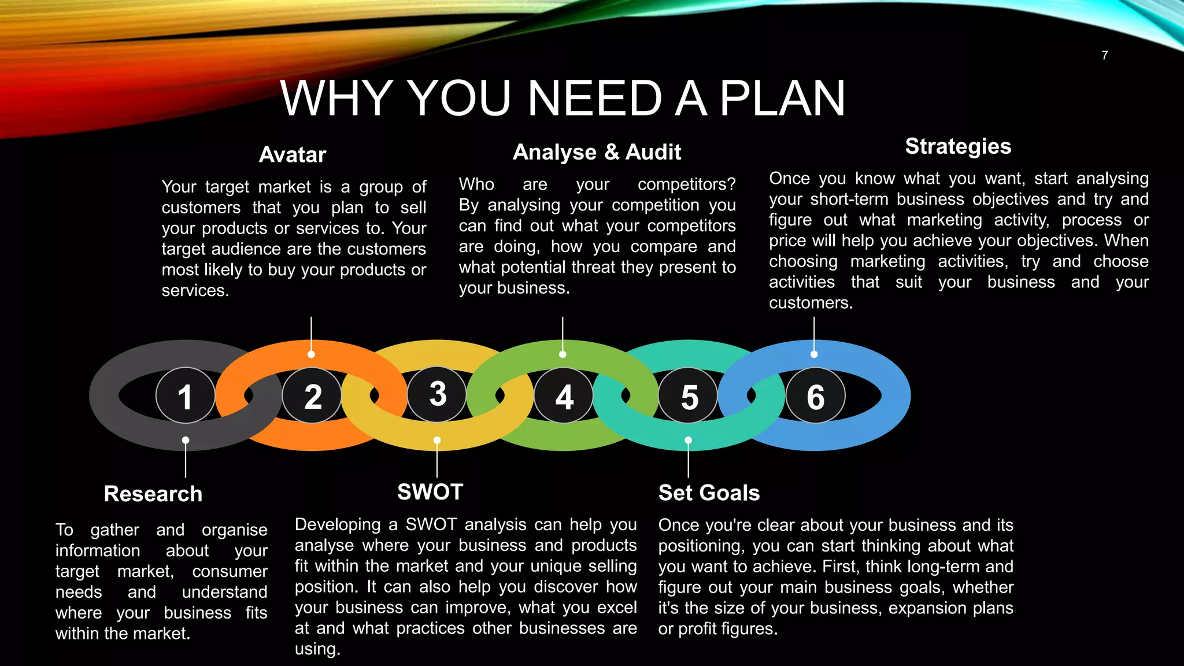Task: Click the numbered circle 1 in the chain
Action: tap(185, 396)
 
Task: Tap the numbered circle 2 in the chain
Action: tap(312, 396)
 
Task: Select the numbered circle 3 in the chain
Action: tap(437, 394)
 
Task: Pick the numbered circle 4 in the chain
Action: tap(564, 396)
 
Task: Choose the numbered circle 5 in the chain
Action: tap(688, 396)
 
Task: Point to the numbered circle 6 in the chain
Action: tap(815, 396)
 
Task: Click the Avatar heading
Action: tap(293, 155)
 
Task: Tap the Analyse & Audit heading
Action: tap(597, 152)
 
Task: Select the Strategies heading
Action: tap(958, 146)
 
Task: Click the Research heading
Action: tap(153, 494)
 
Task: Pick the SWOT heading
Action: tap(430, 492)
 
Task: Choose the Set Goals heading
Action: tap(709, 493)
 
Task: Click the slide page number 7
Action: tap(1105, 55)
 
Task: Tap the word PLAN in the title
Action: tap(782, 98)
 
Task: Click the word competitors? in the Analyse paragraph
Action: tap(686, 184)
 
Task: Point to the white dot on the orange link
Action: tap(311, 354)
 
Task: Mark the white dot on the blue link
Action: tap(814, 354)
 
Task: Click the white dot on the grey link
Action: tap(186, 440)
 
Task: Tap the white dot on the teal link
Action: tap(688, 440)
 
